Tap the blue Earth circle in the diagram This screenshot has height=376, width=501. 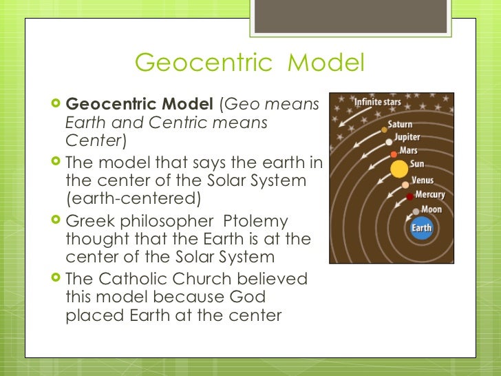[x=421, y=228]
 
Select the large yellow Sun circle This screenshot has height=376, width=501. [x=398, y=169]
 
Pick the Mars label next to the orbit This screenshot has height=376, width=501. [x=409, y=150]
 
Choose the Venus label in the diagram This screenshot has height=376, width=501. [x=422, y=180]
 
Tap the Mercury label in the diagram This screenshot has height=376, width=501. [x=429, y=195]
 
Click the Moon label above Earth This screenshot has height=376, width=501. [x=431, y=209]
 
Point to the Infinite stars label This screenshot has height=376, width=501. [x=377, y=103]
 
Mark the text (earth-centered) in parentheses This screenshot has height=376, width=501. [x=133, y=200]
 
